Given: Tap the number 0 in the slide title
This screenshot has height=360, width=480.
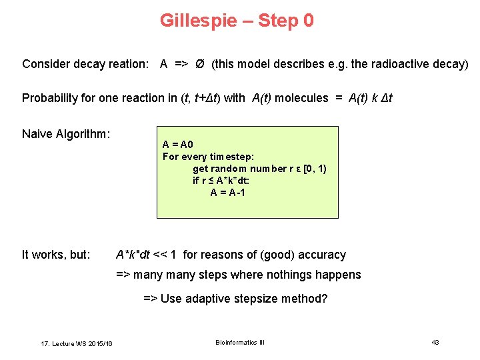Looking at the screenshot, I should tap(308, 21).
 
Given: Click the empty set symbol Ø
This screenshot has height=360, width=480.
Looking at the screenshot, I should tap(199, 64).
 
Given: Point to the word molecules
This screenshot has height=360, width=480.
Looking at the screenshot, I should tap(301, 98).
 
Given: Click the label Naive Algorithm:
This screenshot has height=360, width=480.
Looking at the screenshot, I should tap(66, 134).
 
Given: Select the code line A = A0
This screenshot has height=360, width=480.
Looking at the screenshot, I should tap(177, 145).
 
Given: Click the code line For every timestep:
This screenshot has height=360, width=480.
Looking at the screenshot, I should tap(208, 157).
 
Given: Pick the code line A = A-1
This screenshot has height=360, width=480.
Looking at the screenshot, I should tap(228, 193).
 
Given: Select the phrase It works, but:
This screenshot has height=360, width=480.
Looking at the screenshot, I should tap(56, 255).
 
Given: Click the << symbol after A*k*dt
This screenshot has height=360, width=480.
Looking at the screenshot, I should tap(161, 255).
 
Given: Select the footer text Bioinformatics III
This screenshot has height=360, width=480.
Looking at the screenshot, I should tap(240, 342).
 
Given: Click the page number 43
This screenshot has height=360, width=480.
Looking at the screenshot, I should tap(435, 342).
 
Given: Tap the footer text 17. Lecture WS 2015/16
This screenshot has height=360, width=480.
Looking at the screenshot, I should tap(77, 343).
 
